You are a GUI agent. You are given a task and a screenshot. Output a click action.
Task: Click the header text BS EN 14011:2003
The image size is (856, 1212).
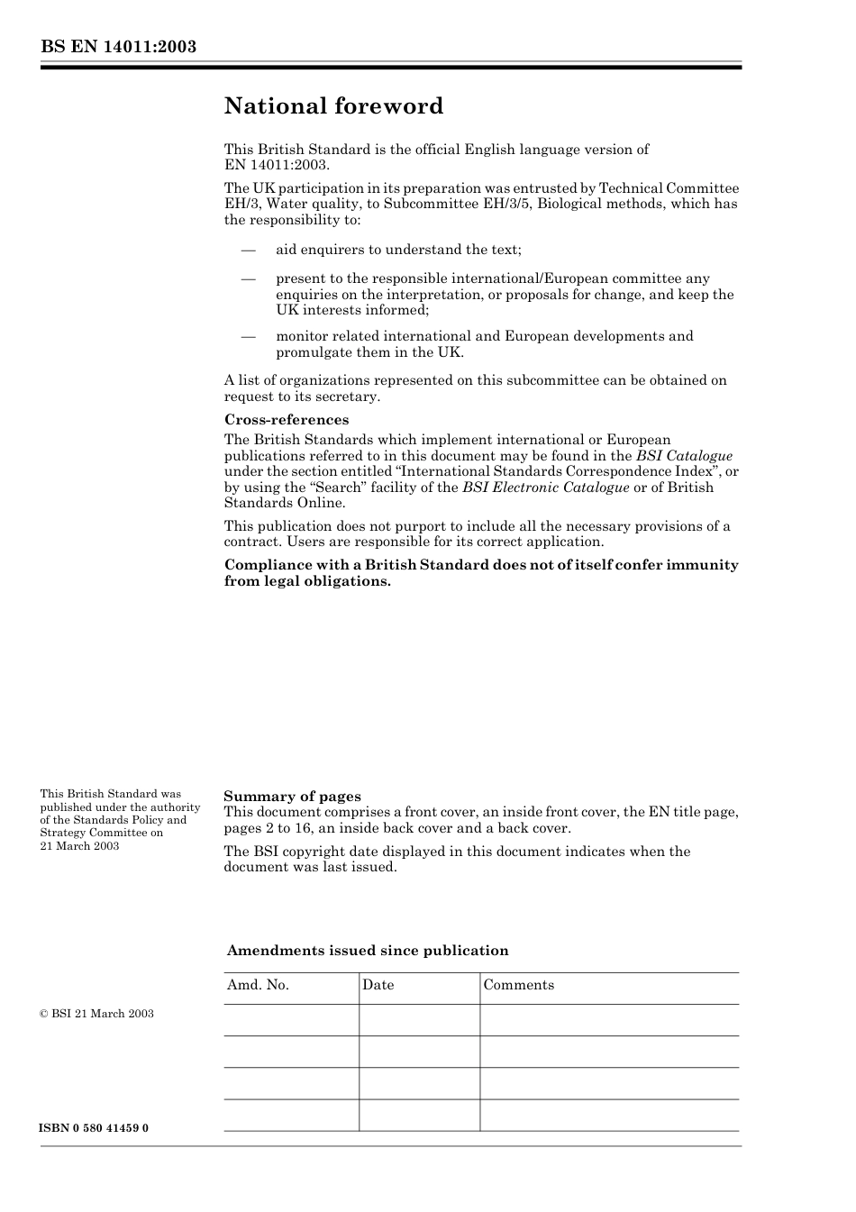point(118,47)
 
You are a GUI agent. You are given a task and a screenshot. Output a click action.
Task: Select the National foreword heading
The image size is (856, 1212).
point(333,106)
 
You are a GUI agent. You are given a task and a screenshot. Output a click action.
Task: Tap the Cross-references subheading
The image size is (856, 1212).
point(287,420)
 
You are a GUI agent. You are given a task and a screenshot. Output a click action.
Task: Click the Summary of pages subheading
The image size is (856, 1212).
point(292,797)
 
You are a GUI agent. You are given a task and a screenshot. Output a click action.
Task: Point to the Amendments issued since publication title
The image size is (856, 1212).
point(368,951)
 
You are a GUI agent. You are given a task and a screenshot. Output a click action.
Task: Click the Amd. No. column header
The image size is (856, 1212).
point(258,985)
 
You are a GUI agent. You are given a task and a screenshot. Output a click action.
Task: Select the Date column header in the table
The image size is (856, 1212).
point(378,985)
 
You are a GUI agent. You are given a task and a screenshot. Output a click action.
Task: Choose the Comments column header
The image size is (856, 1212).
point(519,985)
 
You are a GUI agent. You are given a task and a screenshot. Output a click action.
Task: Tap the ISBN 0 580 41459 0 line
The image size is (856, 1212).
point(95,1128)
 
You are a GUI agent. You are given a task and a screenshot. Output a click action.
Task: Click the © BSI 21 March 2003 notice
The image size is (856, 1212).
point(96,1014)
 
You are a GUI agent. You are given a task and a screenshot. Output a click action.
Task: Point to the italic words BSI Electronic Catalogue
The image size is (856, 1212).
point(546,488)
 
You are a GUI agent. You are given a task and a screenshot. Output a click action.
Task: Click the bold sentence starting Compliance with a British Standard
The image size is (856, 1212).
point(481,573)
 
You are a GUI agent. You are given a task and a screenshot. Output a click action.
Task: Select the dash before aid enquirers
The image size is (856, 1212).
point(248,250)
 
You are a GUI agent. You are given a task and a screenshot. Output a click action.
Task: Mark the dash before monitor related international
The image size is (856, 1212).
point(248,336)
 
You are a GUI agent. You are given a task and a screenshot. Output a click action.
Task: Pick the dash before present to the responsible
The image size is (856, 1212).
point(248,279)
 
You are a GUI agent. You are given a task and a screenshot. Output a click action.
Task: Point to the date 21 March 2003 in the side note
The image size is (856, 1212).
point(79,846)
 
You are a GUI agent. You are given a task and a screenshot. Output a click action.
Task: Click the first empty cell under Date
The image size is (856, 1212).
point(419,1020)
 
